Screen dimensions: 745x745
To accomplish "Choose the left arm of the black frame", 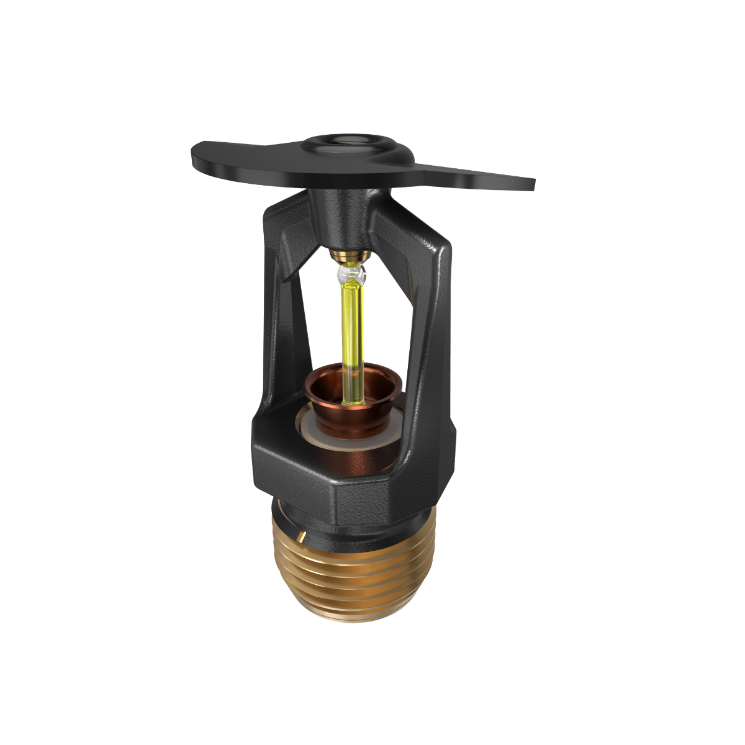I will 276,323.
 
